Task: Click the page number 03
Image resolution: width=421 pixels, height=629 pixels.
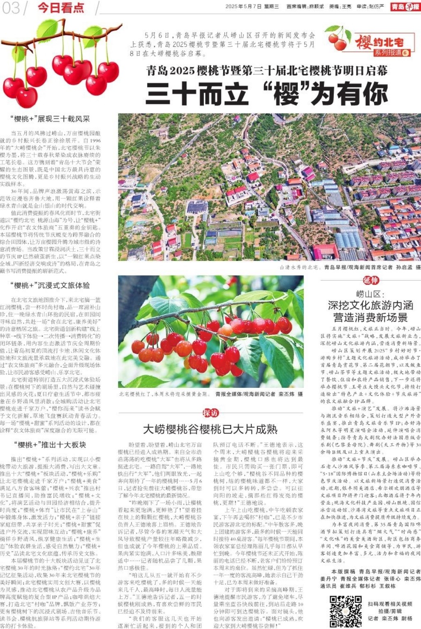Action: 12,7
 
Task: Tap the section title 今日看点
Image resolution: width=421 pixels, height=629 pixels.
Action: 61,7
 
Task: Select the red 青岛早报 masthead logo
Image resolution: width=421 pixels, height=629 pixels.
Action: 405,7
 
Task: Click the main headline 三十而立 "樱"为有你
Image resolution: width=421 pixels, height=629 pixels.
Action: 267,94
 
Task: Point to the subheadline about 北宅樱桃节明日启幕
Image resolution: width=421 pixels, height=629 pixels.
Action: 267,70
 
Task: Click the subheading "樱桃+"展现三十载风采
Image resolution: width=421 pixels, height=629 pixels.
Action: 50,119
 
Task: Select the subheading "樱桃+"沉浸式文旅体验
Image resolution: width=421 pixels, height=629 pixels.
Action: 50,285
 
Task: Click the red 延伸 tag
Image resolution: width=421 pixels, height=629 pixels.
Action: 370,280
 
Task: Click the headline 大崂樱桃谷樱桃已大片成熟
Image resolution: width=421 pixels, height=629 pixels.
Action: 210,429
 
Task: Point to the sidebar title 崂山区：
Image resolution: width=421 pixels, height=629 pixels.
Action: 370,294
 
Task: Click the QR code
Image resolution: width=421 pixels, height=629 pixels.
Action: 345,611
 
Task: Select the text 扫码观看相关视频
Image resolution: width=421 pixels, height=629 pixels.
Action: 390,604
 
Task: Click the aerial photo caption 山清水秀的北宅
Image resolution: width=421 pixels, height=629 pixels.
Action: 299,267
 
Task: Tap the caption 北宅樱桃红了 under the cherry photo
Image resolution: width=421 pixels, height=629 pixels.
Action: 164,394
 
